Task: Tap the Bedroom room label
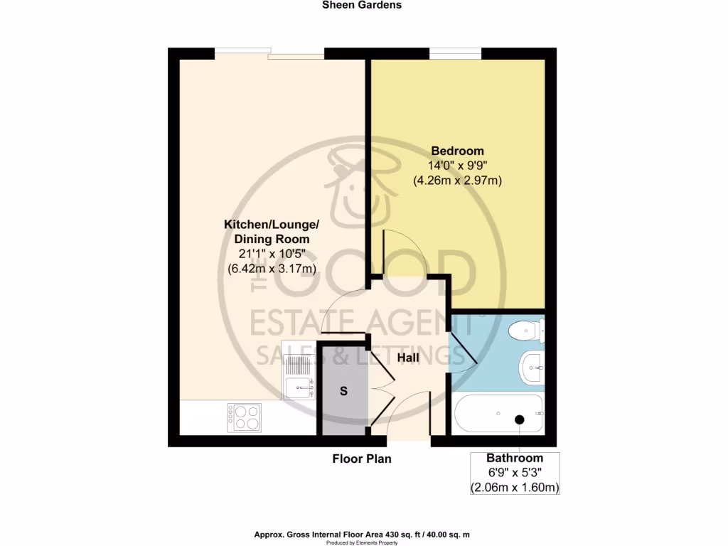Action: click(x=458, y=151)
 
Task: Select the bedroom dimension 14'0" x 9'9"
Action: click(x=458, y=166)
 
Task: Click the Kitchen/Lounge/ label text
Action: click(x=272, y=224)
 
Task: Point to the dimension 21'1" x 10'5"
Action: click(x=272, y=254)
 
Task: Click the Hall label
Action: click(x=408, y=358)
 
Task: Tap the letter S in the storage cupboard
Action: click(x=343, y=391)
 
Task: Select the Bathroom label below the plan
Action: click(x=515, y=459)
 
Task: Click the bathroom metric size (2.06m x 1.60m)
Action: click(x=515, y=488)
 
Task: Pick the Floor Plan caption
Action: click(x=362, y=459)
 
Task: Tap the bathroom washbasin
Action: click(x=532, y=366)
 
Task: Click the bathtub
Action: click(x=498, y=414)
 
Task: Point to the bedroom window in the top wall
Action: click(x=456, y=52)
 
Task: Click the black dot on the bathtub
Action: click(x=520, y=419)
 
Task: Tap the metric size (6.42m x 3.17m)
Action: click(x=272, y=269)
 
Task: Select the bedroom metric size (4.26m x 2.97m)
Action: click(x=458, y=181)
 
